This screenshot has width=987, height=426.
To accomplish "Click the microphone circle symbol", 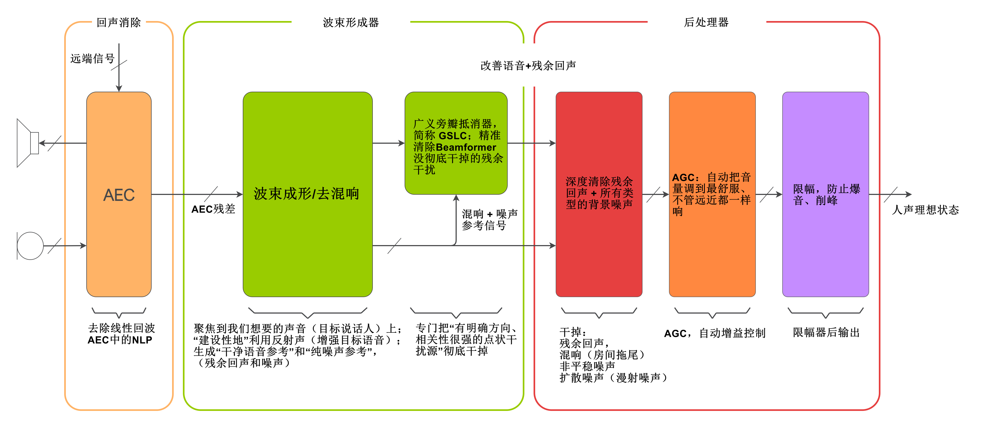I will tap(30, 246).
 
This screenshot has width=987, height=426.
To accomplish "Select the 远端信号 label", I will tap(92, 59).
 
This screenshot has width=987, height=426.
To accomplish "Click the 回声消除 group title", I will tap(119, 23).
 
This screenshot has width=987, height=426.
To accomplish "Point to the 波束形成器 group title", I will tap(351, 23).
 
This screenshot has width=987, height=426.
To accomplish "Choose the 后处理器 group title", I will tap(706, 23).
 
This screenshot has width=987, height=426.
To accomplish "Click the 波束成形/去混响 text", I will tap(306, 194).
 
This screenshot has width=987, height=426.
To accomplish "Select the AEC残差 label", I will tap(213, 209).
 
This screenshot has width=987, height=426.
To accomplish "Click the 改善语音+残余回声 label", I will tap(528, 66).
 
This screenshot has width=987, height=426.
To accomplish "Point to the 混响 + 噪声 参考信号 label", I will tap(489, 219).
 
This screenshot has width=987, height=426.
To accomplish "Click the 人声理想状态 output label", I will tap(925, 210).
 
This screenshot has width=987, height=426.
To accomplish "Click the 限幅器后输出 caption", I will tap(826, 332).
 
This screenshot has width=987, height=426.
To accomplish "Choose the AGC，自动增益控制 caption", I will tap(715, 333).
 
